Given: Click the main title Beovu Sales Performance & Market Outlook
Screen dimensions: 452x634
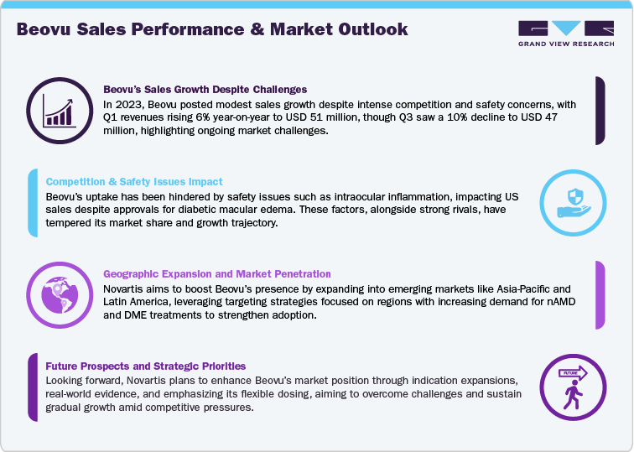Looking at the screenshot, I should tap(212, 29).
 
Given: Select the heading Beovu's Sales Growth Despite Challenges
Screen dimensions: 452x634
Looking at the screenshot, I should tap(205, 89).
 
